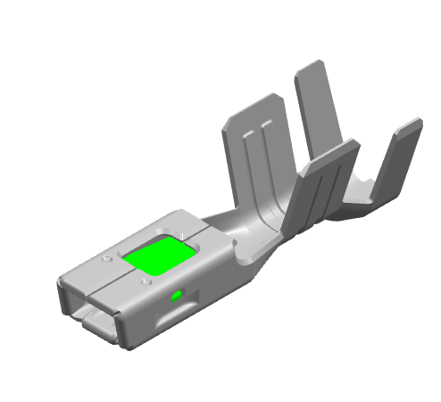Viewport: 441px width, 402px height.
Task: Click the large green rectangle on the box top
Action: click(x=158, y=255)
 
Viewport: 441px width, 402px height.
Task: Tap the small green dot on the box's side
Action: click(x=176, y=295)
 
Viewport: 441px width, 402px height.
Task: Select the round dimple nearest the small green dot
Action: click(x=146, y=282)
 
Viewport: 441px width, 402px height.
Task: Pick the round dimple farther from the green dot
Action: click(x=107, y=259)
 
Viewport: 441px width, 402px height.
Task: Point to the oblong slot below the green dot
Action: click(x=173, y=315)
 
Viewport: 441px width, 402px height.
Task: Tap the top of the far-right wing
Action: click(x=412, y=125)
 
